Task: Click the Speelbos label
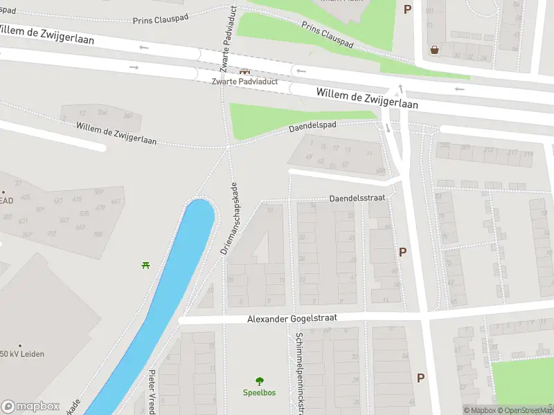click(259, 393)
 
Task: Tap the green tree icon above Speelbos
click(260, 381)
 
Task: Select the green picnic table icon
click(146, 264)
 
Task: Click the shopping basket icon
click(434, 50)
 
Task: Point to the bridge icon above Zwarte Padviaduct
click(244, 71)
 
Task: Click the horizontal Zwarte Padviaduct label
click(244, 81)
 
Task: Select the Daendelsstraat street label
click(357, 197)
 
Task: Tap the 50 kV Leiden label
click(22, 354)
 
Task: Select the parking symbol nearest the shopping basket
click(407, 9)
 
